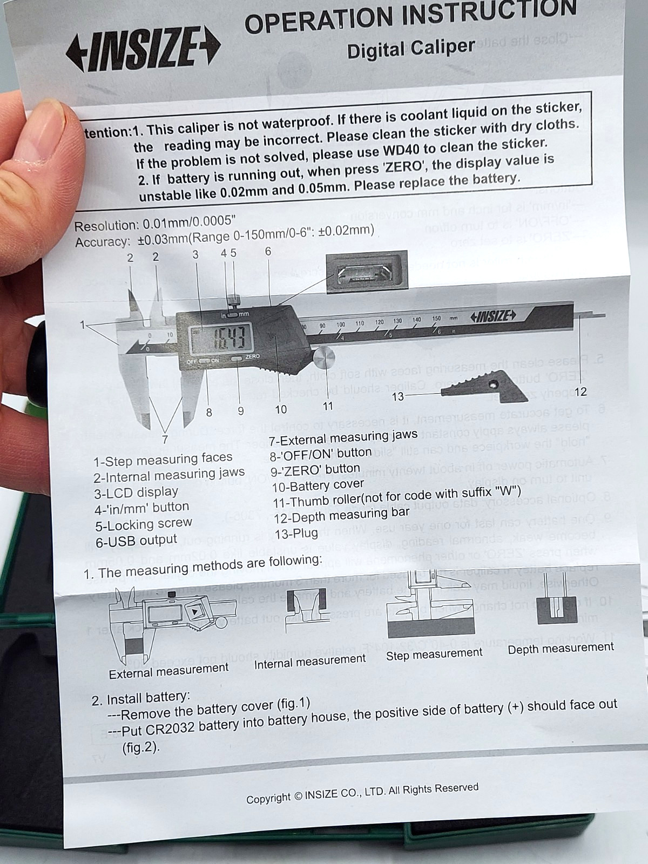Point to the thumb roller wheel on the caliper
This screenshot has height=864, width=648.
click(x=324, y=358)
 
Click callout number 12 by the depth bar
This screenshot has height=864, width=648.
click(x=580, y=392)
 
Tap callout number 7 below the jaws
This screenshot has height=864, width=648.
click(x=165, y=439)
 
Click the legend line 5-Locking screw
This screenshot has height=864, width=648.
click(x=144, y=524)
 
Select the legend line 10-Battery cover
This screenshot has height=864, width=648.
click(x=317, y=485)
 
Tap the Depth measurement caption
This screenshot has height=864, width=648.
click(x=561, y=648)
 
